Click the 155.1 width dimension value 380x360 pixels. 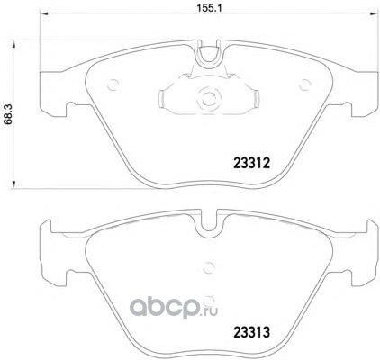click(209, 8)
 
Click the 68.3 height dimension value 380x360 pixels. click(8, 114)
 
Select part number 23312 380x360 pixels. click(252, 164)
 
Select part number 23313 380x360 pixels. click(252, 332)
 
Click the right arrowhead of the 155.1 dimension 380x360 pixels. click(374, 13)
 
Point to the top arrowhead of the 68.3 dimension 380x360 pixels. click(14, 44)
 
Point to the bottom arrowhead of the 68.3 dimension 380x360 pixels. click(14, 184)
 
